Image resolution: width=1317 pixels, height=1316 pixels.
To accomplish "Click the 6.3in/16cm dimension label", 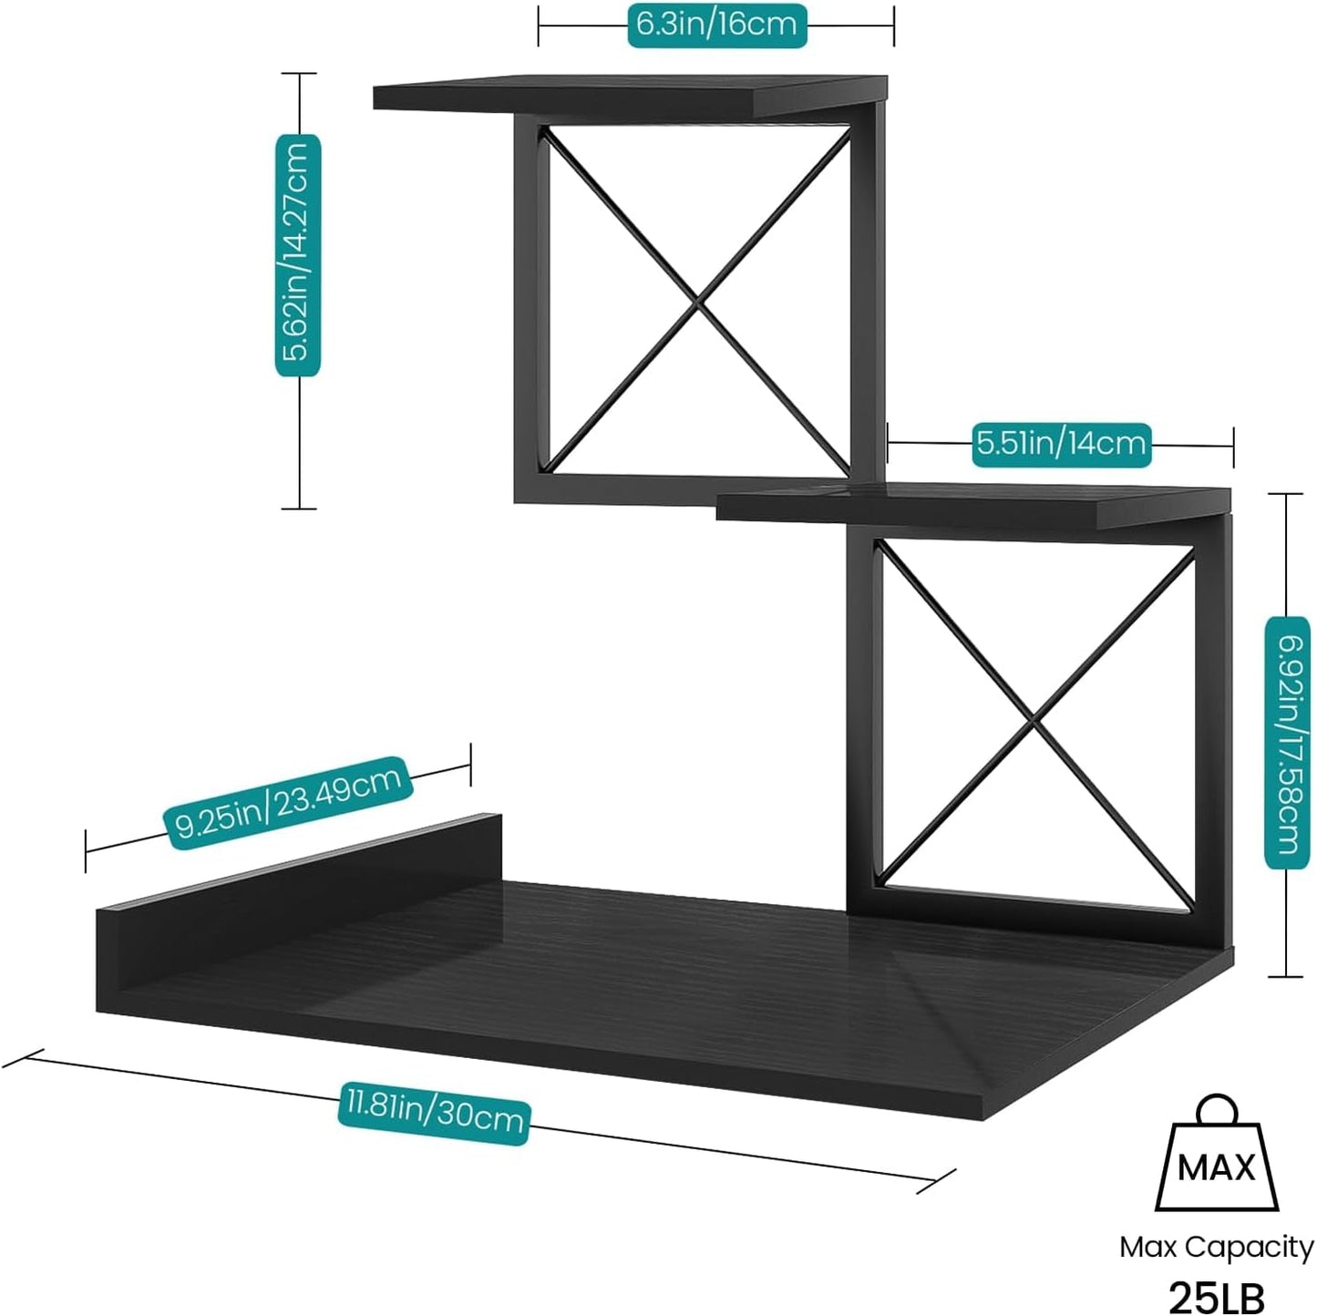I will [x=716, y=25].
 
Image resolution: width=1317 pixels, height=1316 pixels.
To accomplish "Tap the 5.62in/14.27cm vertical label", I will [x=298, y=255].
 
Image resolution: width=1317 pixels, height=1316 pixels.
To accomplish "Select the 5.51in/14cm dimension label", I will [x=1061, y=444].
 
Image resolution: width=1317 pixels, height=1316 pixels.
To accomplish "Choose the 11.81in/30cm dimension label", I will [x=434, y=1109].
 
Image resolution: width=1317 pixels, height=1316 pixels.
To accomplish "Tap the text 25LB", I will [x=1216, y=1295].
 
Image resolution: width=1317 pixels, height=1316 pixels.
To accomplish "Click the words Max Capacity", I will [x=1216, y=1247].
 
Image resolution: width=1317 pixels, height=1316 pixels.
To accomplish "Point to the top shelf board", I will [x=629, y=94].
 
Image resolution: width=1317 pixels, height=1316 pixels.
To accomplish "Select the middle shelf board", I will [x=972, y=507].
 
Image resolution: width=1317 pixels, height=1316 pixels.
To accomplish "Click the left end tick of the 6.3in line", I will [x=539, y=26].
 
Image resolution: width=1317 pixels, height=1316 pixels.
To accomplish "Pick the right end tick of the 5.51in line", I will [x=1233, y=446].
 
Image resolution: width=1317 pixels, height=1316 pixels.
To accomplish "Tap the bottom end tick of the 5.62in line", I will [x=299, y=509].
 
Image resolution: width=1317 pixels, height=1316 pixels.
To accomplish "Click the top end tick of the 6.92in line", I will [x=1285, y=494].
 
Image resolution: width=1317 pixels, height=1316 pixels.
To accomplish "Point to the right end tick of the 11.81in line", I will [x=936, y=1181].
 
